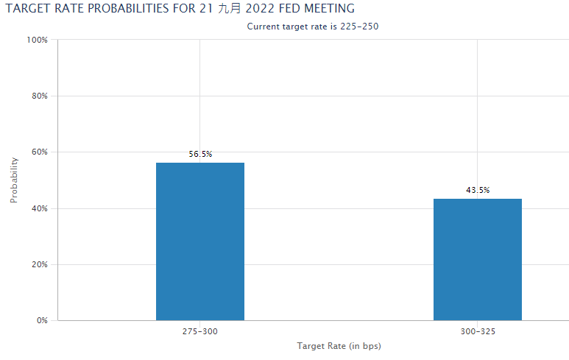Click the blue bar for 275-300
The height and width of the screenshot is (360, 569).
click(x=200, y=241)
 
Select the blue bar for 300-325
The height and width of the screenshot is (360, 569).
click(x=477, y=259)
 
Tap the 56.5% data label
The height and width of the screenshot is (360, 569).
click(x=200, y=154)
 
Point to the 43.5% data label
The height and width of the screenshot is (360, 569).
click(x=477, y=190)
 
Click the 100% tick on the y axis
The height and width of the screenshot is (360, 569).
click(x=38, y=40)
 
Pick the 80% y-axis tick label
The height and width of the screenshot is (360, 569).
click(x=40, y=96)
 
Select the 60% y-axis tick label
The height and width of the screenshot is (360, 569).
click(x=40, y=152)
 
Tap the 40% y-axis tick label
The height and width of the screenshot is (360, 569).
click(x=40, y=208)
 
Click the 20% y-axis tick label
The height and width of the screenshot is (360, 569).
click(x=40, y=264)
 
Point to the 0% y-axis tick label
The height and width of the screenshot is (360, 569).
click(x=42, y=320)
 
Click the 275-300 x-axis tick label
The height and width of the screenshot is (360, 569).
click(x=200, y=332)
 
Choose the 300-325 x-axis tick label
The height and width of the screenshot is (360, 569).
click(x=477, y=332)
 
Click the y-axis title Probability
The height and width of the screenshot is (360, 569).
click(x=14, y=180)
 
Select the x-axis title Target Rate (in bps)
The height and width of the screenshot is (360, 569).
click(x=339, y=346)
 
